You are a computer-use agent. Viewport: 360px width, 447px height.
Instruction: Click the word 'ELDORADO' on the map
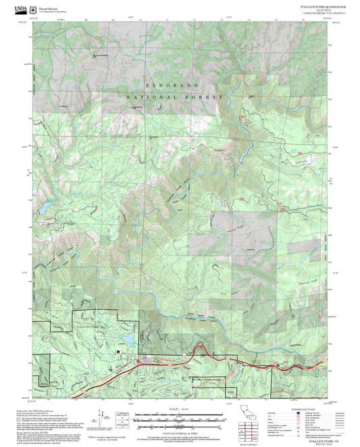(x=170, y=86)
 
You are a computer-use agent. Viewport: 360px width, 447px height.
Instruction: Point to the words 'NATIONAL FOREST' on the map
(x=174, y=98)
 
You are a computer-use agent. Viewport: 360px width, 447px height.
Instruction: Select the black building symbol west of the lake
(x=119, y=352)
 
